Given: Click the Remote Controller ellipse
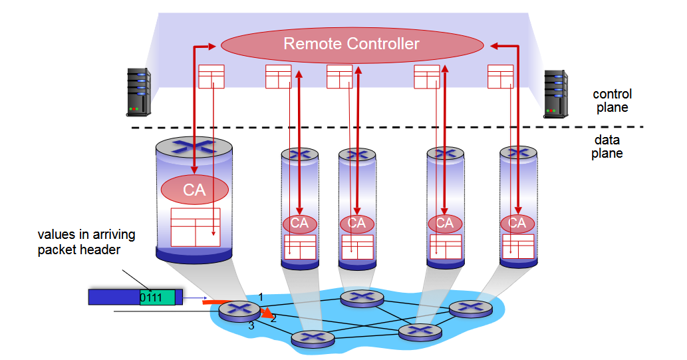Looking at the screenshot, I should pos(352,45).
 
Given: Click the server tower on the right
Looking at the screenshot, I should pos(556,93).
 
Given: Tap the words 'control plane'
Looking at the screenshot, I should pos(612,100).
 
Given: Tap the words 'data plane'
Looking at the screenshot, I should pos(607,147).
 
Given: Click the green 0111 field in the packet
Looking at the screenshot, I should pos(157,297).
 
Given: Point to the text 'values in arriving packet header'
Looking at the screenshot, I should pos(86,242).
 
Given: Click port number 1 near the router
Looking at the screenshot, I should pos(261,296).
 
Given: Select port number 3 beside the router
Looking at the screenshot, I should pos(251,326).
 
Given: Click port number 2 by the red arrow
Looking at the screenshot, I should pos(273,319).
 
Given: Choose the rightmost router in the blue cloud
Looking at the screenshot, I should pos(470,309).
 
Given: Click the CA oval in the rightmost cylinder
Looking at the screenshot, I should pos(517,223).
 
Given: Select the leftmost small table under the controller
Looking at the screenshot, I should pos(211,76).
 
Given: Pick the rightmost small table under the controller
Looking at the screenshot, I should pos(500,76).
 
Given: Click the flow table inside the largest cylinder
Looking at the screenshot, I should pos(195,227).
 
